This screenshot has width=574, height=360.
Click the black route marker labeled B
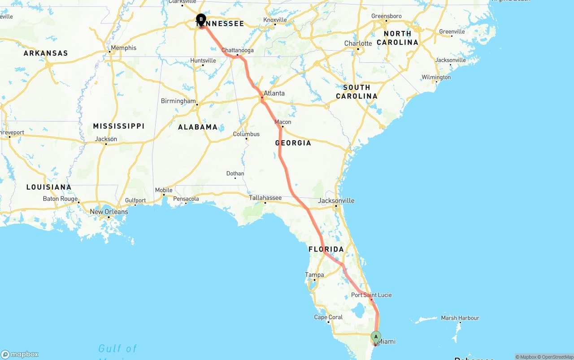coord(201,19)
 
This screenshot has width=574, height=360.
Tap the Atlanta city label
coord(274,93)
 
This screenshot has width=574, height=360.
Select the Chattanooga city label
coord(237,50)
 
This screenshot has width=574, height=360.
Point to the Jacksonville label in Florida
coord(336,200)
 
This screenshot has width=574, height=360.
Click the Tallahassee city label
coord(265,197)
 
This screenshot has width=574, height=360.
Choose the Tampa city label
coord(314,274)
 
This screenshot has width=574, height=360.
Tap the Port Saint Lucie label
coord(371,295)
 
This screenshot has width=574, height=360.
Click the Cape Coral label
coord(328,317)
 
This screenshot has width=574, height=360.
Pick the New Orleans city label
coord(109,212)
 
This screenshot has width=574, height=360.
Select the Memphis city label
coord(123,48)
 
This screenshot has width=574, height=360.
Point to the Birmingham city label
coord(178,101)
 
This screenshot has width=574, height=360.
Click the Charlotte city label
coord(358,43)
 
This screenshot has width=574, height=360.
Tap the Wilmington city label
coord(436,77)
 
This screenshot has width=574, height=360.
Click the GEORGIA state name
coord(293,143)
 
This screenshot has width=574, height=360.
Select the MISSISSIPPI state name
coord(118,126)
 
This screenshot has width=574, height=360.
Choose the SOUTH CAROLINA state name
coord(357,91)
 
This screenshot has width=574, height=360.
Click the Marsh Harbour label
coord(460,318)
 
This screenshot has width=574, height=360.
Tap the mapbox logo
coord(20,354)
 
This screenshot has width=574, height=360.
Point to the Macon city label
coord(283,122)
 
